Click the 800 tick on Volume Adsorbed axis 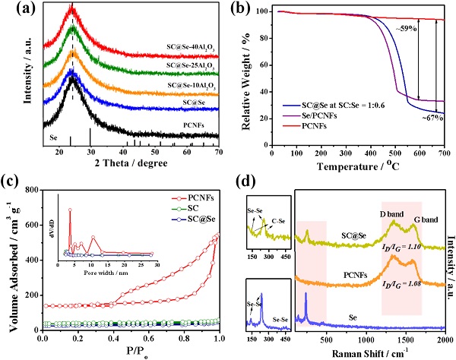(32, 189)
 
